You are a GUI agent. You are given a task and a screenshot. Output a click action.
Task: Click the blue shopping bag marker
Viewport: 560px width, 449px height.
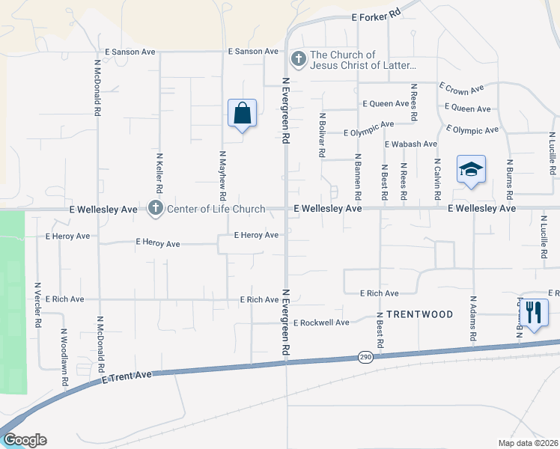[x=242, y=114]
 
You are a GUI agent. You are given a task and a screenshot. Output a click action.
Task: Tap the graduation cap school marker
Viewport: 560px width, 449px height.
[x=471, y=171]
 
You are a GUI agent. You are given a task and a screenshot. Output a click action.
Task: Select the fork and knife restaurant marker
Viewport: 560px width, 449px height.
[x=532, y=313]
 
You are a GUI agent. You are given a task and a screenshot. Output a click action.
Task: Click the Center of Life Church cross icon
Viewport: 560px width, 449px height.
[x=156, y=209]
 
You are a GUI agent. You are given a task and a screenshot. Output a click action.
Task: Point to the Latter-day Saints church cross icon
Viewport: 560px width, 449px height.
[x=299, y=59]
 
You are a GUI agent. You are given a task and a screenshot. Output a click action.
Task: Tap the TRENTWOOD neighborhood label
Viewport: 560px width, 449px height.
[x=420, y=314]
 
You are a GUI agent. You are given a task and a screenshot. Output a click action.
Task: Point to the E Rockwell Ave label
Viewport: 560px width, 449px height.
[x=321, y=323]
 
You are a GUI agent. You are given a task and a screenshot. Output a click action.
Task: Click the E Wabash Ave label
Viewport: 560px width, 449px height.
[x=410, y=144]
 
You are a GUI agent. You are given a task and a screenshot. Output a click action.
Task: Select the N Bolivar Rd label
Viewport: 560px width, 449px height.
[x=322, y=135]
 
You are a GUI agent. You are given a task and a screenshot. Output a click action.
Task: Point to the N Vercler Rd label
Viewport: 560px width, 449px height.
[x=37, y=305]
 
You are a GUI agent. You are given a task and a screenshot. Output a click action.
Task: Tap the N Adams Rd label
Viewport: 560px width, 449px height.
[x=473, y=319]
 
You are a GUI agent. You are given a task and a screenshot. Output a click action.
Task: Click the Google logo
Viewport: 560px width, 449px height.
[x=24, y=440]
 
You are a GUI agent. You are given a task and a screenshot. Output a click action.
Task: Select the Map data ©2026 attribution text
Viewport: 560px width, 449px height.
[x=528, y=443]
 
